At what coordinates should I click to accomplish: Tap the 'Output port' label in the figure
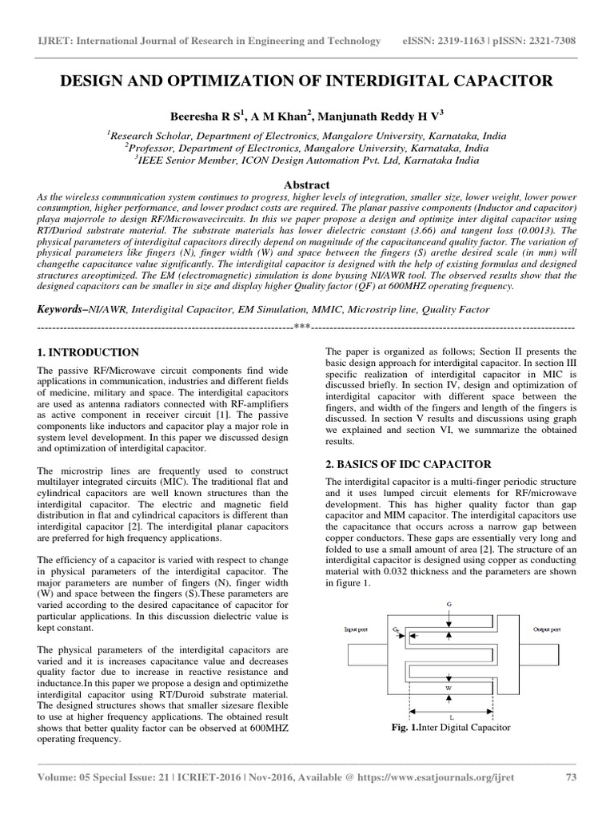548,630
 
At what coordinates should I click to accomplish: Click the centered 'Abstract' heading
306,184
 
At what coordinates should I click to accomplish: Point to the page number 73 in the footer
571,798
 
